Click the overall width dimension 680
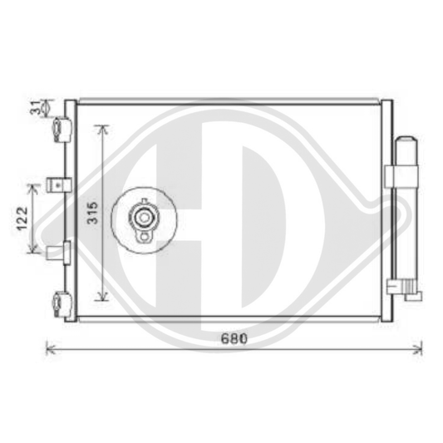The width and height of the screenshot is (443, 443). coord(235,339)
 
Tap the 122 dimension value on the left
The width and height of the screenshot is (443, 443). coord(24,218)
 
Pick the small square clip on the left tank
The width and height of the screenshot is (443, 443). coord(58,184)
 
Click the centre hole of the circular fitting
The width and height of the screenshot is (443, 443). coord(145,219)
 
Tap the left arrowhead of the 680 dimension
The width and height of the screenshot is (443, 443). coord(47,349)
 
